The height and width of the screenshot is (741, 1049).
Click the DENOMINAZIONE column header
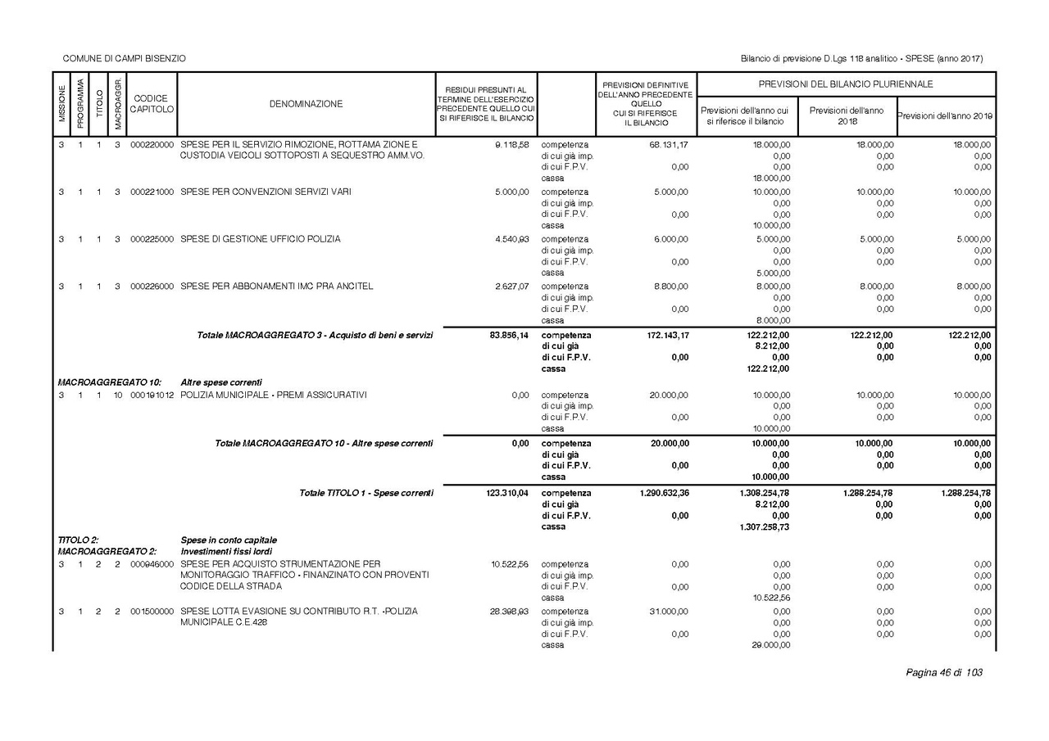(306, 104)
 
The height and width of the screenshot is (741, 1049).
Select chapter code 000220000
(152, 144)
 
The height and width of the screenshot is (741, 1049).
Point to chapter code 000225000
(152, 239)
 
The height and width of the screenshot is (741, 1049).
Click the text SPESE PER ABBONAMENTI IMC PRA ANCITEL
(277, 287)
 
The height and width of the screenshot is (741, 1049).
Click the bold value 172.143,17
(663, 335)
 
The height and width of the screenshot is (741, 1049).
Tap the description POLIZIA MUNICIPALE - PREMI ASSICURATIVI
(274, 395)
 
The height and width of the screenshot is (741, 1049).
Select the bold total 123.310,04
(506, 493)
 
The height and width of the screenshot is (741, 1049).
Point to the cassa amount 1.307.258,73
(765, 527)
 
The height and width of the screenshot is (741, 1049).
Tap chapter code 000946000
(152, 564)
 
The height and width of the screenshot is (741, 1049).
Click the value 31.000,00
(669, 612)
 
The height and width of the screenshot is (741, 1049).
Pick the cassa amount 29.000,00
(770, 645)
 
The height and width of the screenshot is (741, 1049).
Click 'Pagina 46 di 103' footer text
(943, 672)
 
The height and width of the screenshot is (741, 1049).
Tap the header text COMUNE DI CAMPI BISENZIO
(125, 59)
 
